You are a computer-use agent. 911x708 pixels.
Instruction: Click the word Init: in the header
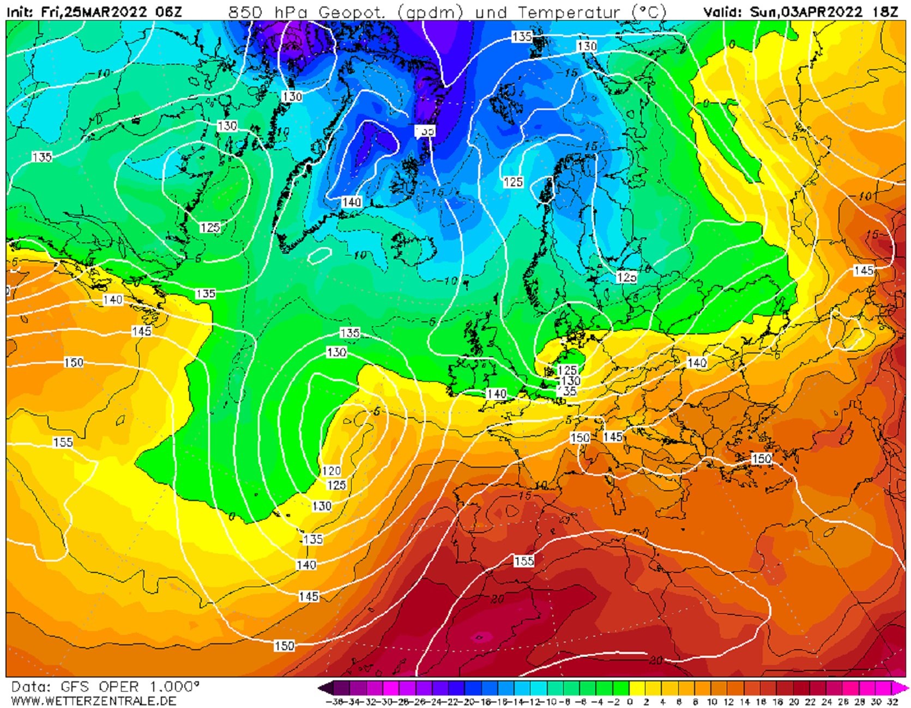pos(20,11)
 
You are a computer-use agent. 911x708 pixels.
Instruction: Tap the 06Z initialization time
pos(168,11)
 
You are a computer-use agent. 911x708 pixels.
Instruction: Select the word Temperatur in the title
pos(569,12)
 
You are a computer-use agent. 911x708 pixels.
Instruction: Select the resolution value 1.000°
pos(174,687)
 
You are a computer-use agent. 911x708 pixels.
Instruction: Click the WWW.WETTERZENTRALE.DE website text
pos(93,701)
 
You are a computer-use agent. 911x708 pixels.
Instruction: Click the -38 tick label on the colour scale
pos(333,702)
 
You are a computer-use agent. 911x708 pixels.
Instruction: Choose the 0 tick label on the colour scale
pos(630,702)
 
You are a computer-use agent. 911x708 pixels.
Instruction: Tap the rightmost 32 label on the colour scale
pos(892,702)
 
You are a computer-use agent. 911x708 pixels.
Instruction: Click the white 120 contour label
pos(331,471)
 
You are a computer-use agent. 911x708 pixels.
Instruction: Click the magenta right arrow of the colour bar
pos(902,687)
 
